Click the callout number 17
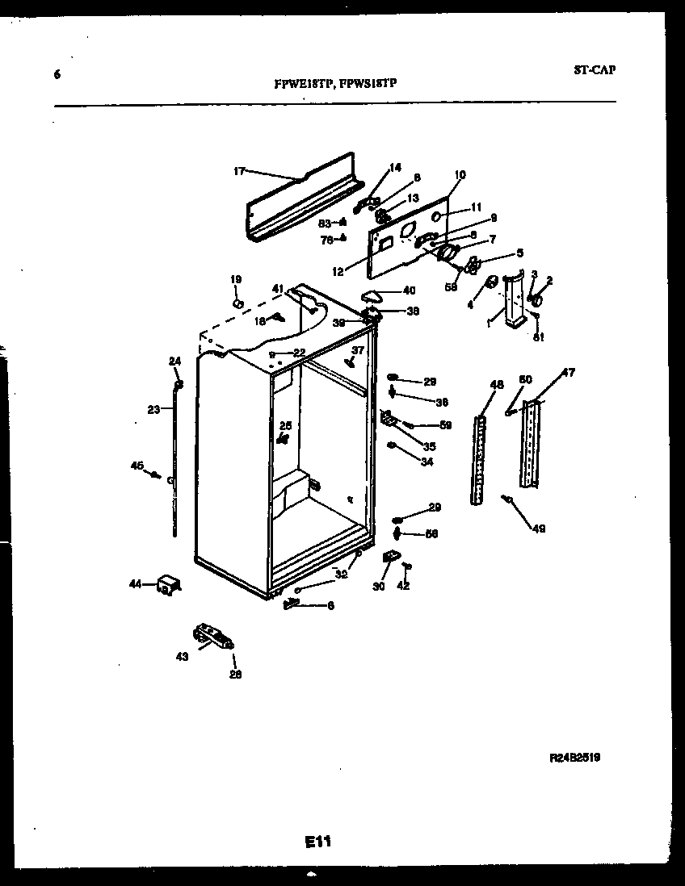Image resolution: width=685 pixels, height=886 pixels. [239, 171]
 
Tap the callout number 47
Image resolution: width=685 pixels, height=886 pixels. [569, 373]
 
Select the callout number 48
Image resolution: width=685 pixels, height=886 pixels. [496, 386]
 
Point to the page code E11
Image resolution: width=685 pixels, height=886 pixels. [318, 842]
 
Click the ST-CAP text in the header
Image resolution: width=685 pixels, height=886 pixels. [595, 70]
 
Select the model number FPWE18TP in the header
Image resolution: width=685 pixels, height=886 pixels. [304, 83]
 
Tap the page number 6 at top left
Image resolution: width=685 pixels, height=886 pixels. [57, 75]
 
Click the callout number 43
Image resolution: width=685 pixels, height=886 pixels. [182, 657]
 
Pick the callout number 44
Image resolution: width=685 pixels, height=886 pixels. [135, 583]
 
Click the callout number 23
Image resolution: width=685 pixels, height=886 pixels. [153, 409]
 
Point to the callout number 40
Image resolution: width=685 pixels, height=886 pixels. [409, 290]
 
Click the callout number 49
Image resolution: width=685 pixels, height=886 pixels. [538, 529]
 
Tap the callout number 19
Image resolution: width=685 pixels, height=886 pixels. [236, 279]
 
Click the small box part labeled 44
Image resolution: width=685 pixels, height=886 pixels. [168, 585]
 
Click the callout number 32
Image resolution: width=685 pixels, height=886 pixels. [342, 575]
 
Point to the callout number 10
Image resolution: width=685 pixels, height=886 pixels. [460, 174]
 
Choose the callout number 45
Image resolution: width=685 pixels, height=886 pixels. [137, 465]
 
